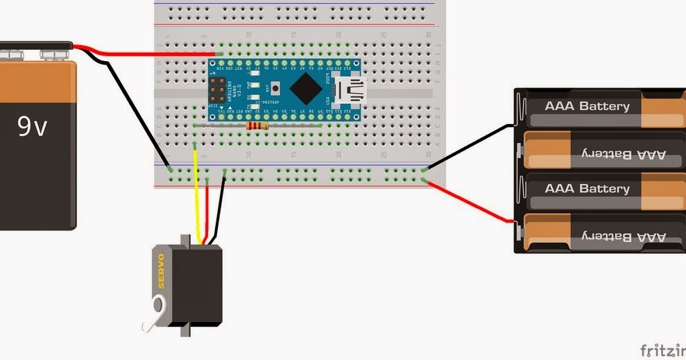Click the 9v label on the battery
pos(32,126)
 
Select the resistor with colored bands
pos(257,126)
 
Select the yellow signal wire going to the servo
pos(196,201)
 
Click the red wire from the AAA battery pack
pos(472,201)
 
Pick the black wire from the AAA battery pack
pos(472,146)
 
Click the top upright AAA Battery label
pos(587,107)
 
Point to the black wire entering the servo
pos(219,208)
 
